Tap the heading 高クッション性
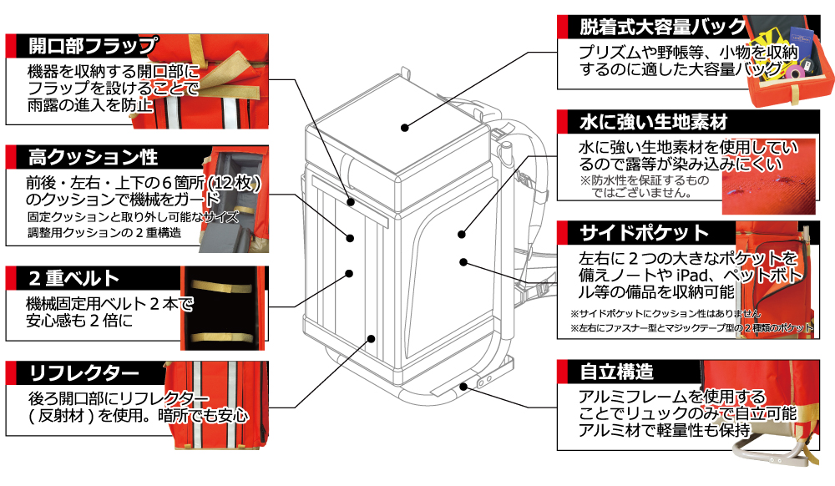(92, 156)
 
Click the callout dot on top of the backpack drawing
(403, 128)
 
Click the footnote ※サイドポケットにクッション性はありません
(665, 312)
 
